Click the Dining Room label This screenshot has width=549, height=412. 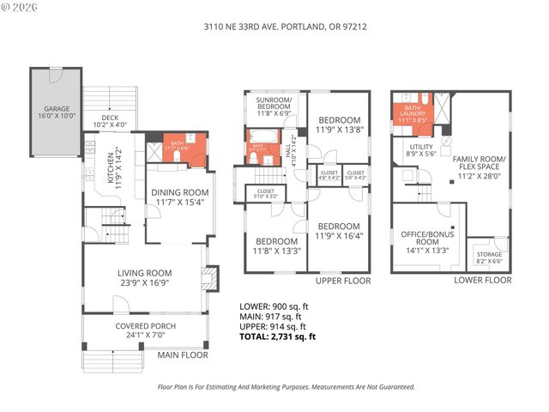click(180, 197)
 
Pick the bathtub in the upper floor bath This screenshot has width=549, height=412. click(261, 136)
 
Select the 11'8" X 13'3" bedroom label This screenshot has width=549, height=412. click(277, 246)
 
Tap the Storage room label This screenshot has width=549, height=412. click(491, 257)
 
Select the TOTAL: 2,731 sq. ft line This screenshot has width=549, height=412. click(277, 336)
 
